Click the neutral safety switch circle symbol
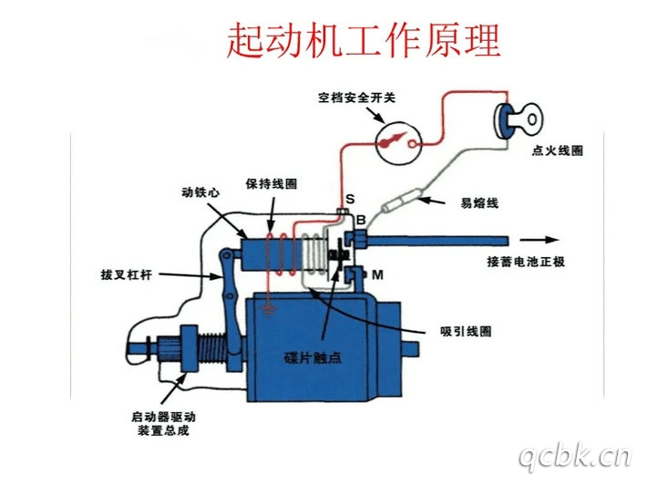pyautogui.click(x=398, y=141)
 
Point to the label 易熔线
pyautogui.click(x=479, y=202)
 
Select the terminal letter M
pyautogui.click(x=375, y=273)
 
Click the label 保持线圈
pyautogui.click(x=271, y=183)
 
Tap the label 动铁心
pyautogui.click(x=200, y=192)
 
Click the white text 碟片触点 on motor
pyautogui.click(x=312, y=359)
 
